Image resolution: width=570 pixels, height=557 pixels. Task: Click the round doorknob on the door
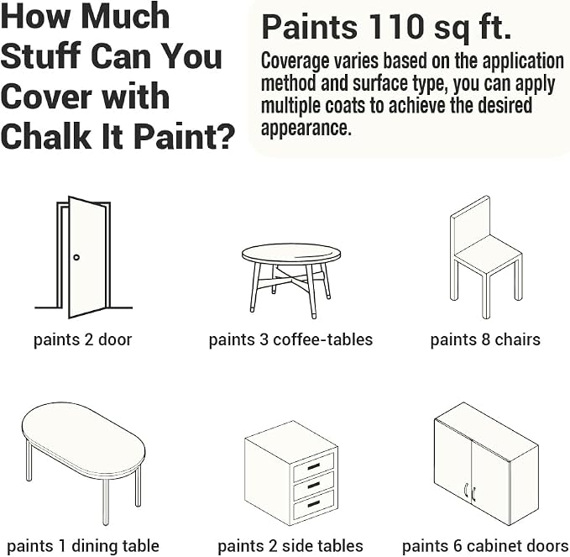[76, 257]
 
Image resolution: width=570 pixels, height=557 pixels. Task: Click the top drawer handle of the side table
[314, 465]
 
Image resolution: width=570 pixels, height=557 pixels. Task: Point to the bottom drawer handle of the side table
[314, 504]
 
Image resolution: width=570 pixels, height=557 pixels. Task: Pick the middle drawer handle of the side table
[314, 485]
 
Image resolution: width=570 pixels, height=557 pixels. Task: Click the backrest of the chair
[470, 223]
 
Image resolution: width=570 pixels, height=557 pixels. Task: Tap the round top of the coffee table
[291, 253]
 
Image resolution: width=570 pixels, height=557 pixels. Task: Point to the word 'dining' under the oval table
[90, 547]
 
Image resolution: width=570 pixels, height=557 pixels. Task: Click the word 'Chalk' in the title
[46, 136]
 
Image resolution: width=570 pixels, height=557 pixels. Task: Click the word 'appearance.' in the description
[306, 128]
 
